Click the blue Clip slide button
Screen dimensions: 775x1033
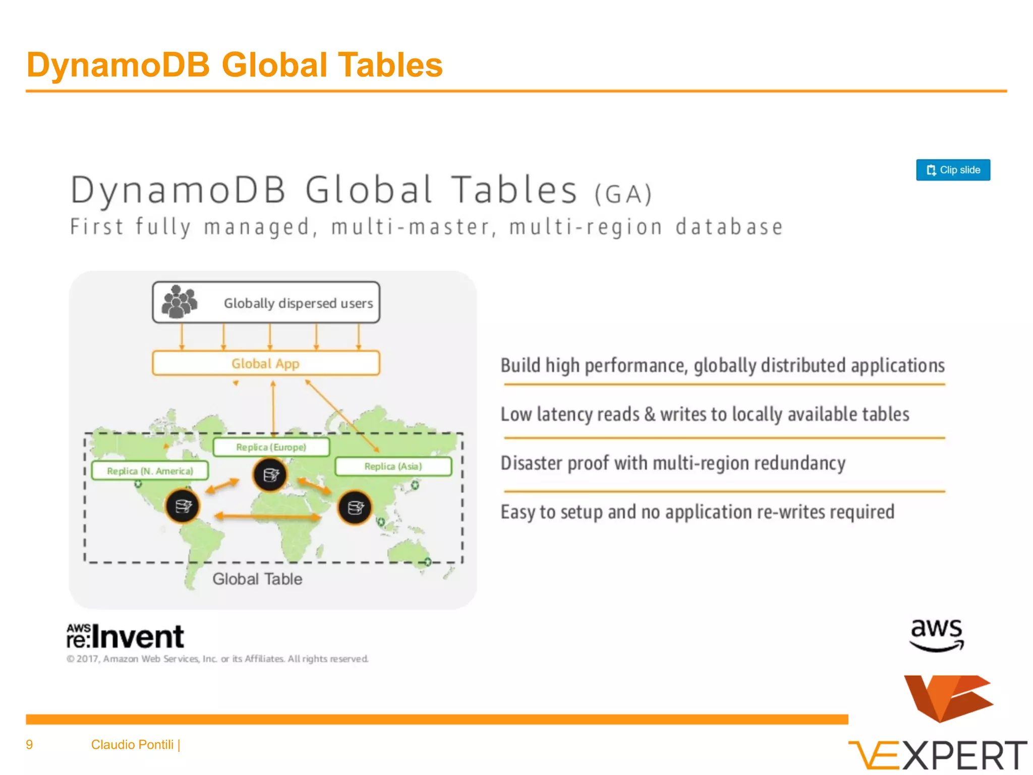tap(953, 170)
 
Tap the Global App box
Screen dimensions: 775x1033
tap(266, 363)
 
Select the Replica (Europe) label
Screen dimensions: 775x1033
tap(271, 448)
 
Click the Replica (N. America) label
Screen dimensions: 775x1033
tap(150, 471)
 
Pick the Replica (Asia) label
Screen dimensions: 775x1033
tap(393, 466)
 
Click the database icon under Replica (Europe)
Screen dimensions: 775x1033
tap(270, 475)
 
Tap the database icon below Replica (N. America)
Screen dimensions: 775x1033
tap(183, 506)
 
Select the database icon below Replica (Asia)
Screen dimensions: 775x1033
tap(355, 508)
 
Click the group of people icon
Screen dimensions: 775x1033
tap(179, 302)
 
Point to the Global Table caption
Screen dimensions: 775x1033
tap(257, 579)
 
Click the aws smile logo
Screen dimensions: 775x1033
tap(937, 635)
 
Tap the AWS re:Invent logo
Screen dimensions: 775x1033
tap(126, 636)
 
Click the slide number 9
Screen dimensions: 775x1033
tap(29, 745)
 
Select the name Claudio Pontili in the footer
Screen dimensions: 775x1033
tap(132, 745)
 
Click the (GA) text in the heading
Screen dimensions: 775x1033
tap(623, 194)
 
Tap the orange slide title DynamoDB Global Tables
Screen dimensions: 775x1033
tap(235, 65)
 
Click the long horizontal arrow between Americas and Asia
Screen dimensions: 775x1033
tap(268, 516)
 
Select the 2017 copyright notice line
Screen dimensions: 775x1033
tap(217, 659)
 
